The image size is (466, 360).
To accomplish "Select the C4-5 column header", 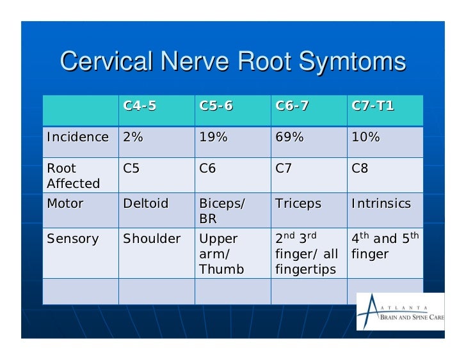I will [x=140, y=106].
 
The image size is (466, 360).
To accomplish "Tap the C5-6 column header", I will [x=216, y=106].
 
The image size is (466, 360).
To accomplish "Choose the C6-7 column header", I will [x=292, y=106].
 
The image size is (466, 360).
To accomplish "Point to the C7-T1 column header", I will [x=373, y=106].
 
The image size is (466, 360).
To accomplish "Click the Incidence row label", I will [x=77, y=137].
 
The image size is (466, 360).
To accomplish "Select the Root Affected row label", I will [x=73, y=176].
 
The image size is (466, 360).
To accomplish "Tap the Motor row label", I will [x=65, y=204].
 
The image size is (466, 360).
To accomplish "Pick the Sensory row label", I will [x=72, y=239].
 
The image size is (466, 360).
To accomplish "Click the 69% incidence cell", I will [x=289, y=137].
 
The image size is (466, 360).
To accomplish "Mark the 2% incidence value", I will [x=133, y=137].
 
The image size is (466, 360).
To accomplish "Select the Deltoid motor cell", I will [x=145, y=204].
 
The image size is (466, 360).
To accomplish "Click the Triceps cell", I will [x=298, y=204].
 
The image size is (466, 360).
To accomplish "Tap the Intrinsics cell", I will [x=381, y=204].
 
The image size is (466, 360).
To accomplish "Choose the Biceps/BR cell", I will [x=221, y=211].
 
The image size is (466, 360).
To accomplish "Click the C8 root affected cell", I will [x=360, y=169].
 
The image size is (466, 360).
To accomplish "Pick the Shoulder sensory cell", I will [x=152, y=239].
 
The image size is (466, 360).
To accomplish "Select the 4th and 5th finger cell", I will [x=384, y=246].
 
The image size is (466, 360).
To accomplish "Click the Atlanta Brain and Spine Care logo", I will [x=399, y=311].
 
